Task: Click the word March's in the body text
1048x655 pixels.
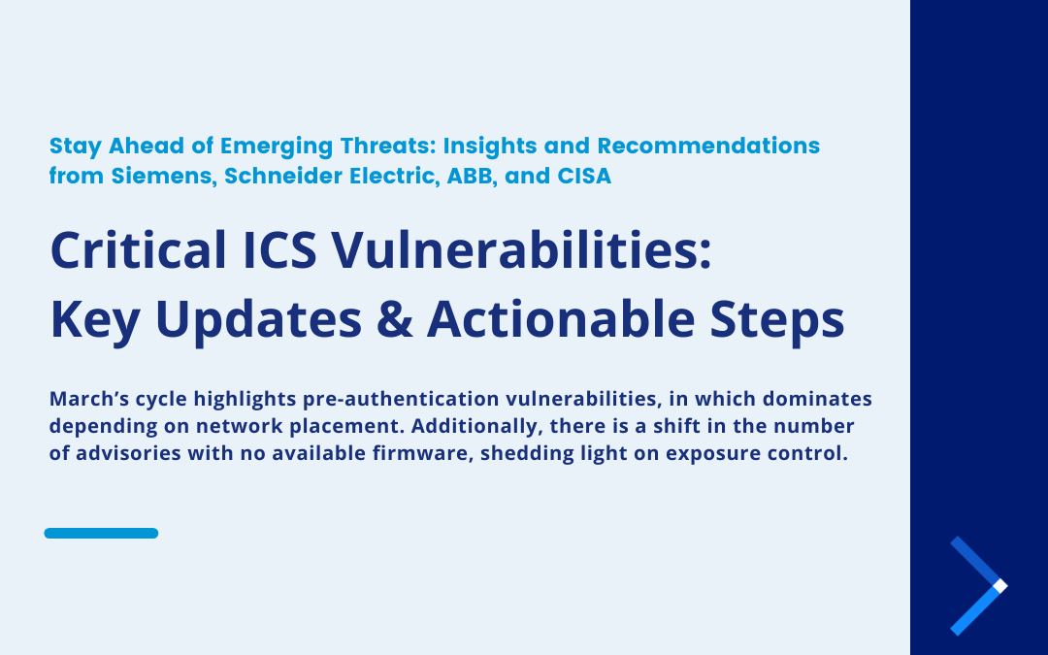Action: pos(86,400)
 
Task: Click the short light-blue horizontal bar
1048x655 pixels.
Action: pos(101,533)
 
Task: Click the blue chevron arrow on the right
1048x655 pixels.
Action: pos(979,585)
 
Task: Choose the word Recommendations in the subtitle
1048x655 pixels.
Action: pos(708,146)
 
